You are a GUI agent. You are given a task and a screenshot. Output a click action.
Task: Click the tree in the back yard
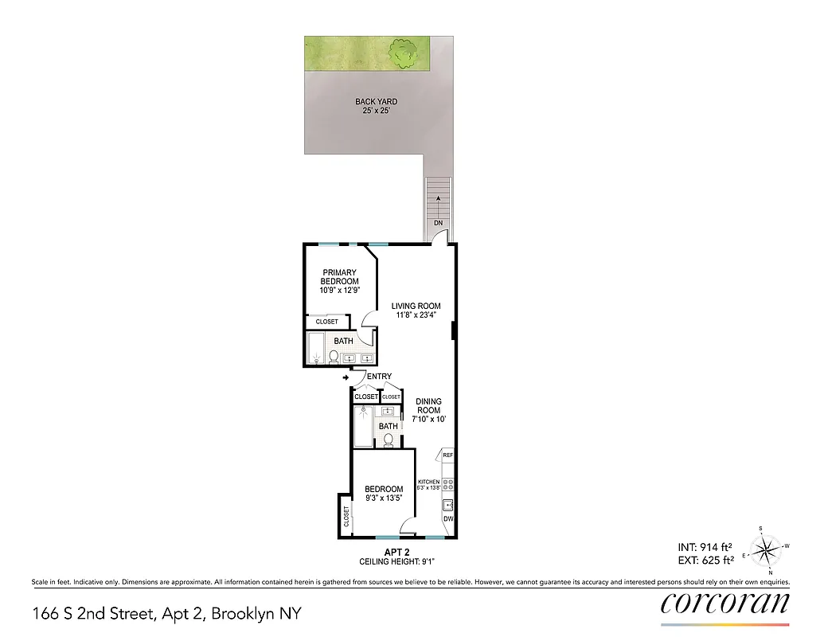405,53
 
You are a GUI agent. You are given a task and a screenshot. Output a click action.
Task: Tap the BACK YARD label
376,102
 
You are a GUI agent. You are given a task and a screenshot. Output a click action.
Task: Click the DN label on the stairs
438,223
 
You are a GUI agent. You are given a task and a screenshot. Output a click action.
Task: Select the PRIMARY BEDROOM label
340,277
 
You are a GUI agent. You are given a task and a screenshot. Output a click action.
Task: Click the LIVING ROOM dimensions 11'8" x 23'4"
415,315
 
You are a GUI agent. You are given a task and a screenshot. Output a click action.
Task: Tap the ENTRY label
379,377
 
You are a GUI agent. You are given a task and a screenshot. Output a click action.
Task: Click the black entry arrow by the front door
345,377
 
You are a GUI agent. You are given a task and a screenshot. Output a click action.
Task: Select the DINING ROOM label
429,406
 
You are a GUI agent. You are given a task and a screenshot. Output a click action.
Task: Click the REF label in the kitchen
447,455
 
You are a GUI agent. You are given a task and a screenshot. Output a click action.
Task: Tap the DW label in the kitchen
448,519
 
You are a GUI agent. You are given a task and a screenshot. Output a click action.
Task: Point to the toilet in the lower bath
389,440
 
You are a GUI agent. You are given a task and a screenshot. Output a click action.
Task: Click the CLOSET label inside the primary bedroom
327,322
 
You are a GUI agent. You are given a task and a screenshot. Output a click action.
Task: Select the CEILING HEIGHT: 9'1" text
396,561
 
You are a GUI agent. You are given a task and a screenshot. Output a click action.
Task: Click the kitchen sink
447,503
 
